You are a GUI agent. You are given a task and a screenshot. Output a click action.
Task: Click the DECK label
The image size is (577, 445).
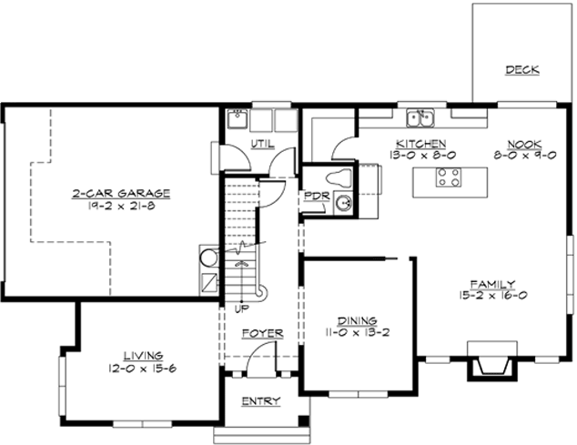point(522,70)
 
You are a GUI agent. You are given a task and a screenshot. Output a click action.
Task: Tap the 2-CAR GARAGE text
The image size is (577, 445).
point(122,193)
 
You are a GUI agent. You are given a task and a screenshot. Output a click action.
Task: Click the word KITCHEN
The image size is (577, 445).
point(420,144)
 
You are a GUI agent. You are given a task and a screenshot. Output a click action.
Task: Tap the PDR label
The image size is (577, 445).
point(315,196)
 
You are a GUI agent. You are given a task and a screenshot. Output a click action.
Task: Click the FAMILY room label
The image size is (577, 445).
point(492,284)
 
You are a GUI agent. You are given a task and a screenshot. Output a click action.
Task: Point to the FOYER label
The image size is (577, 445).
point(261,334)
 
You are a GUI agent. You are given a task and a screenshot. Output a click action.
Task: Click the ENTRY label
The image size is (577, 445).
point(260,401)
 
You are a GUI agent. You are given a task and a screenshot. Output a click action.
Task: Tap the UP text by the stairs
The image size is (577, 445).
point(242,309)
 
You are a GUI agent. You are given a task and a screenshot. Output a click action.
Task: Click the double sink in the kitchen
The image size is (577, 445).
point(420,117)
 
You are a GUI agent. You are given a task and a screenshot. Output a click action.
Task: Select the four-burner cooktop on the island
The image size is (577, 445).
point(448,177)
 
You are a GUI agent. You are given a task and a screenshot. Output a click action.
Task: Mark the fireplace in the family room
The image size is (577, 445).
point(491,360)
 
